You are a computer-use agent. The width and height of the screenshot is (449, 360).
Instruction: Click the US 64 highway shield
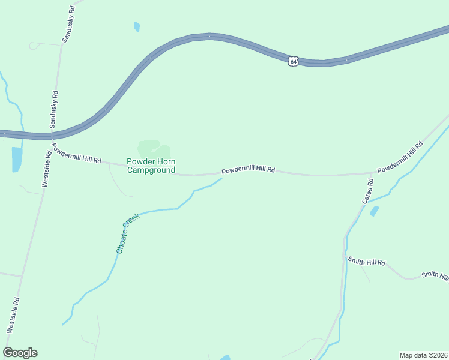pos(292,61)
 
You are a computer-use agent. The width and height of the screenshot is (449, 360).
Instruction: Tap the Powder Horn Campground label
pos(151,166)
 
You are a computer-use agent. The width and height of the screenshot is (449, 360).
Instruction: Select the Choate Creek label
pos(128,233)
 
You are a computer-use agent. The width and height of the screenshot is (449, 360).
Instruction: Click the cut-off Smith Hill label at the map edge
pos(435,275)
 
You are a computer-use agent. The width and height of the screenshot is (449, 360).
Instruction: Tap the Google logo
pos(20,353)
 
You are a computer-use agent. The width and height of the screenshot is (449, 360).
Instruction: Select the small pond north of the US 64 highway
pos(137,26)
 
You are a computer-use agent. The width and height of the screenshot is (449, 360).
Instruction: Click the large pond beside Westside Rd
pos(16,158)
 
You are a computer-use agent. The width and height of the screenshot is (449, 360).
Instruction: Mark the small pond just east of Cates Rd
pos(375,211)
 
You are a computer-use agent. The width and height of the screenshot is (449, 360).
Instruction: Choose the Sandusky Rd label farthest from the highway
pos(68,24)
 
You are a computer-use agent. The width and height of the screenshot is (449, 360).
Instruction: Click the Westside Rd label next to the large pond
pos(46,170)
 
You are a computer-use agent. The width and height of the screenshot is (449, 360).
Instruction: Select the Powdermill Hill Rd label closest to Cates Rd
pos(400,158)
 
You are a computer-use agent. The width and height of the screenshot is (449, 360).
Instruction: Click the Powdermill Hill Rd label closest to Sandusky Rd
pos(76,155)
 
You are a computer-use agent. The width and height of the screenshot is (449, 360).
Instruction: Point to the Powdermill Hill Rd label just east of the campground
pos(248,170)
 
